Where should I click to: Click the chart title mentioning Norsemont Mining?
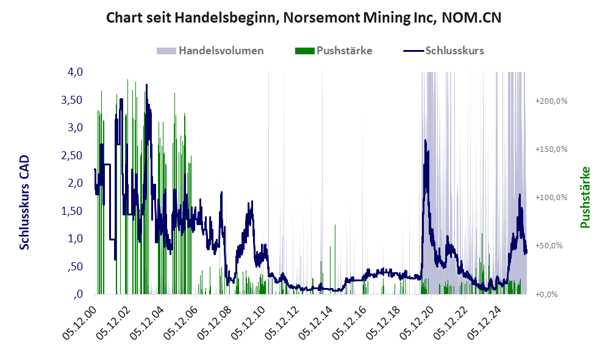tap(304, 18)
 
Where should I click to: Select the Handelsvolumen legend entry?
tap(210, 51)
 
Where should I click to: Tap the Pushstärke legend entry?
tap(334, 51)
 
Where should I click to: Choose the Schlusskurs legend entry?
tap(443, 51)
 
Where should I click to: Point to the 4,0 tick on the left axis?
tap(75, 72)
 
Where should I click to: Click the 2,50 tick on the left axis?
tap(72, 155)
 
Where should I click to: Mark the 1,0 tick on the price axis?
tap(75, 239)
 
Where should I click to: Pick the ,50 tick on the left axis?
tap(75, 267)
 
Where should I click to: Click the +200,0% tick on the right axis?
tap(551, 101)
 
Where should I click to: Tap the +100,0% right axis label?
tap(551, 198)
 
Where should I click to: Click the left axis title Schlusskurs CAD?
tap(24, 202)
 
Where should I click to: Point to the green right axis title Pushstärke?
tap(585, 198)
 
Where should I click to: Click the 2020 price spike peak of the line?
tap(426, 140)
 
